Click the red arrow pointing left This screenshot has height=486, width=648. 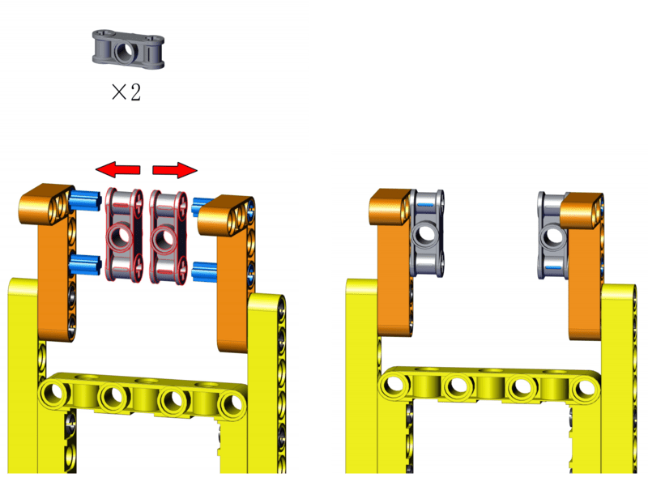(117, 169)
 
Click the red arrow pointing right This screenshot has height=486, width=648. (175, 169)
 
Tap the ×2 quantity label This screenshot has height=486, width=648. (126, 92)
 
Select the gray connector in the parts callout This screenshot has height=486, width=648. (128, 49)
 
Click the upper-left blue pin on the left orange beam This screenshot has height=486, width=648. (85, 199)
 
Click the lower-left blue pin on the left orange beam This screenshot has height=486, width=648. (86, 265)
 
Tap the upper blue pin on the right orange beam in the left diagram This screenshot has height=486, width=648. (202, 206)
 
